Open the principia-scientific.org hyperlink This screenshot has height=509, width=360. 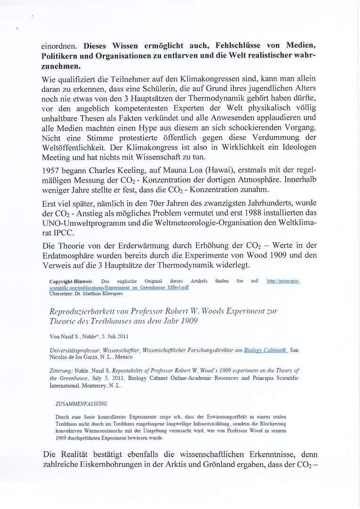tap(283, 281)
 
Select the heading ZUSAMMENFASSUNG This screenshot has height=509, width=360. tap(81, 403)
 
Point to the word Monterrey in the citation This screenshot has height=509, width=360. tap(95, 386)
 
